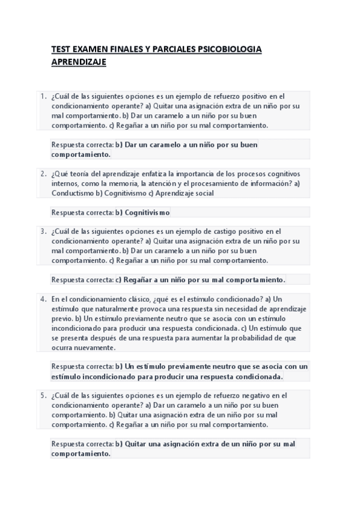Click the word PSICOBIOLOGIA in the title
(x=230, y=50)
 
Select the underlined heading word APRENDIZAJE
(x=79, y=61)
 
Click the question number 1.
(x=43, y=96)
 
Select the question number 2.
(x=43, y=174)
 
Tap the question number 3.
(x=43, y=231)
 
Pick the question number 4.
(x=43, y=299)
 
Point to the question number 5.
(x=43, y=396)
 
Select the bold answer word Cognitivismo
(x=147, y=212)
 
